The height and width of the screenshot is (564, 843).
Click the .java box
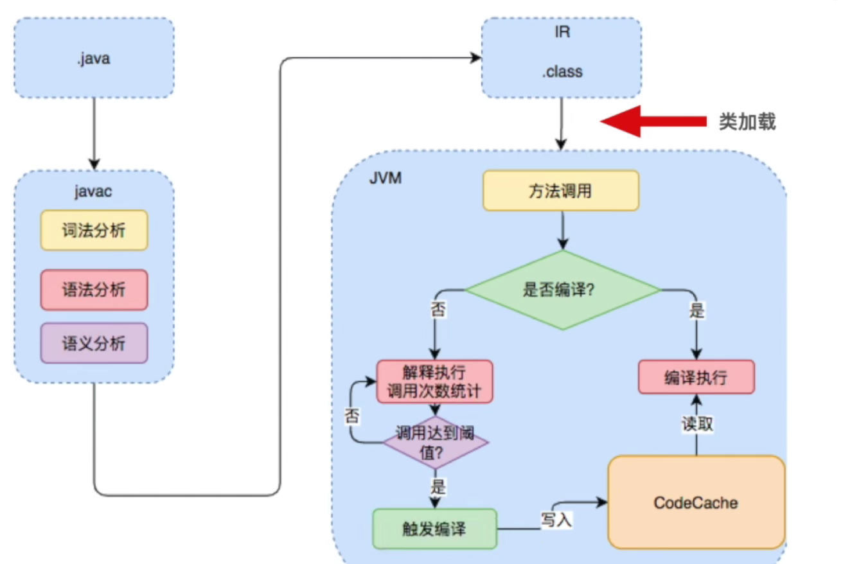(x=94, y=58)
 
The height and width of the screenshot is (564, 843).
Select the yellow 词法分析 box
(x=94, y=230)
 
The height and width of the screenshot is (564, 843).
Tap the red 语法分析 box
(x=94, y=290)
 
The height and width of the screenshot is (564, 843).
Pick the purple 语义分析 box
(x=94, y=343)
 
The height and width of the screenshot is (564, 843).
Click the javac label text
(x=94, y=191)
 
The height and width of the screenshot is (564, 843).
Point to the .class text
(x=562, y=72)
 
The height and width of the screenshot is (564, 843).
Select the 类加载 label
(x=747, y=122)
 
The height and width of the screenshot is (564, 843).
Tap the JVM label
(x=386, y=178)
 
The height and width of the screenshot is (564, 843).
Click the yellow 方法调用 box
(x=561, y=191)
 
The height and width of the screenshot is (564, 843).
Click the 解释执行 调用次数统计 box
(x=434, y=382)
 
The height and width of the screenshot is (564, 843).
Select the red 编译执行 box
(x=696, y=377)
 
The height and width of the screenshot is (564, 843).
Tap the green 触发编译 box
(x=435, y=529)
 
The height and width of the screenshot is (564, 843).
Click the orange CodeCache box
(x=697, y=502)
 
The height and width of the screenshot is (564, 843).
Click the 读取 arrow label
(x=697, y=424)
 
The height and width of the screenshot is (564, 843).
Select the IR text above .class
(x=562, y=31)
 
